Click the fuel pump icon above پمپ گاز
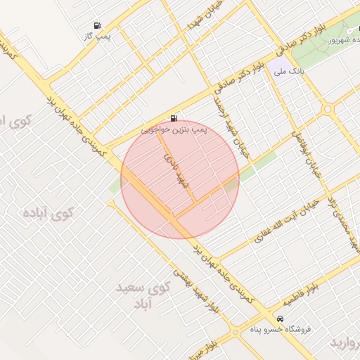[x=96, y=25]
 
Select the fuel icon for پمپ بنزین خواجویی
[x=173, y=119]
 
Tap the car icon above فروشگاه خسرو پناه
[x=281, y=319]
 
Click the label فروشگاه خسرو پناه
[x=281, y=328]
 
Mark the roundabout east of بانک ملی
[x=327, y=109]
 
